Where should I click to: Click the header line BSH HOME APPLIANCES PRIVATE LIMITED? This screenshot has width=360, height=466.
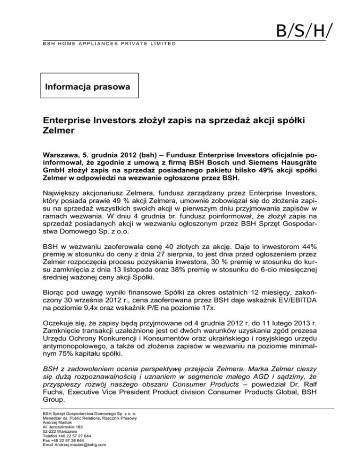[x=106, y=44]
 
